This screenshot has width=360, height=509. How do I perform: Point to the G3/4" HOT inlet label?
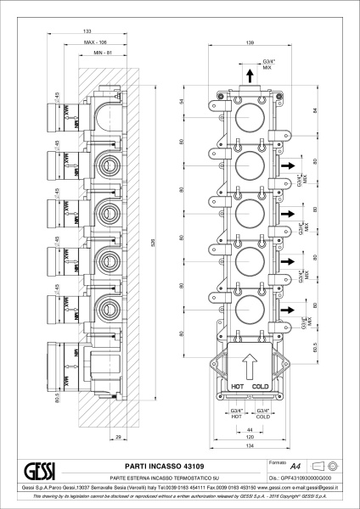point(237,413)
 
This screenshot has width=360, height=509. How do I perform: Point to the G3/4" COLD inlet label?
point(262,413)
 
